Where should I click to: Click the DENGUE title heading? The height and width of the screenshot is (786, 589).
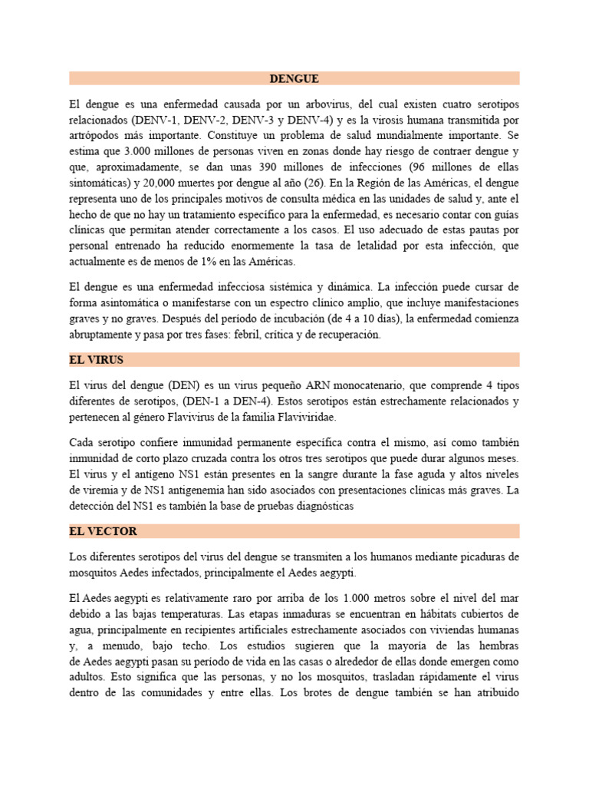click(294, 78)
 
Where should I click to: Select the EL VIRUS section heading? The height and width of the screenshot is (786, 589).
click(96, 359)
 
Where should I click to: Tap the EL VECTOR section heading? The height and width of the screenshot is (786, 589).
click(103, 531)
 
